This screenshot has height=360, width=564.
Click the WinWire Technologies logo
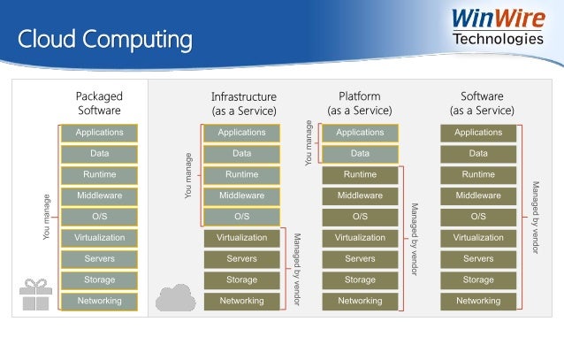[x=499, y=27]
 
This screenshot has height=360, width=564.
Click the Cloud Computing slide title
[x=105, y=40]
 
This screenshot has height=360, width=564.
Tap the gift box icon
[x=35, y=295]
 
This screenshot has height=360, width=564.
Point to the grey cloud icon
[x=176, y=297]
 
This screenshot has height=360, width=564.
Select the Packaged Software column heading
[x=99, y=103]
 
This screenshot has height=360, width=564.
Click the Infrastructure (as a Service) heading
[x=244, y=103]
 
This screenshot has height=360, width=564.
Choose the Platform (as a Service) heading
[x=360, y=103]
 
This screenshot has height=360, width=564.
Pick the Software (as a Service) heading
[x=482, y=103]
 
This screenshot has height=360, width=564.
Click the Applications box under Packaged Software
[x=99, y=133]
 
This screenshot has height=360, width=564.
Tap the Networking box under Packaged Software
[x=99, y=302]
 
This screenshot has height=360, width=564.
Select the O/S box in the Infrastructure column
[x=241, y=217]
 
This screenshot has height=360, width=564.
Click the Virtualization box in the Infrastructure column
[x=241, y=238]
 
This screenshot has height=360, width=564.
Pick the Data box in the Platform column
[x=360, y=154]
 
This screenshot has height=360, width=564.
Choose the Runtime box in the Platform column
[x=360, y=175]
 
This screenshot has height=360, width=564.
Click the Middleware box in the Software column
[x=478, y=195]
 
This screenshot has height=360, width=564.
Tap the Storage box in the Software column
[x=478, y=280]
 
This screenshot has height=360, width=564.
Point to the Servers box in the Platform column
[x=360, y=259]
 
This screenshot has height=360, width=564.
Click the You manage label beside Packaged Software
[x=46, y=217]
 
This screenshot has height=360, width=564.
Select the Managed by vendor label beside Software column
[x=536, y=217]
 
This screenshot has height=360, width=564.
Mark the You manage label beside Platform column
[x=309, y=143]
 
